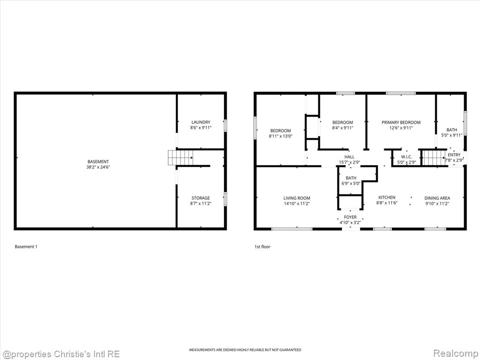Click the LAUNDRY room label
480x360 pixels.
(x=201, y=122)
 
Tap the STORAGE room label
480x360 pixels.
(x=201, y=198)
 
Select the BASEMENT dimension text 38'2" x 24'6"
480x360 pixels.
(x=98, y=167)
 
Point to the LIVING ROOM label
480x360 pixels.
(x=296, y=198)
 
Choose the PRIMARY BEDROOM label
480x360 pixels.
(x=401, y=122)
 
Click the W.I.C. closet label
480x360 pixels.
(x=406, y=157)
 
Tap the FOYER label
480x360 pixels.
(x=350, y=217)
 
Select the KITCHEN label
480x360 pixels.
(x=387, y=197)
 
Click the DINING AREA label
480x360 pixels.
(x=437, y=198)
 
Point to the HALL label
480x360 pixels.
(x=349, y=157)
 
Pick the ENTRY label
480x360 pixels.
(x=454, y=155)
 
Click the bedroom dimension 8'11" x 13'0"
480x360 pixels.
(x=280, y=136)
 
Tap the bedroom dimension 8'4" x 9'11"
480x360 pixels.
(x=342, y=128)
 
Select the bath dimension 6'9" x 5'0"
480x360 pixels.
(x=351, y=183)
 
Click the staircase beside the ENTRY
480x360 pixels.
(x=434, y=158)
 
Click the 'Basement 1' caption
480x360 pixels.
(x=26, y=247)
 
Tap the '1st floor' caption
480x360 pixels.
(x=262, y=247)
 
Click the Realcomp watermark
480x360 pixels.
(x=454, y=353)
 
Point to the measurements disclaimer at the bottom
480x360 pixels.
(x=245, y=350)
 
